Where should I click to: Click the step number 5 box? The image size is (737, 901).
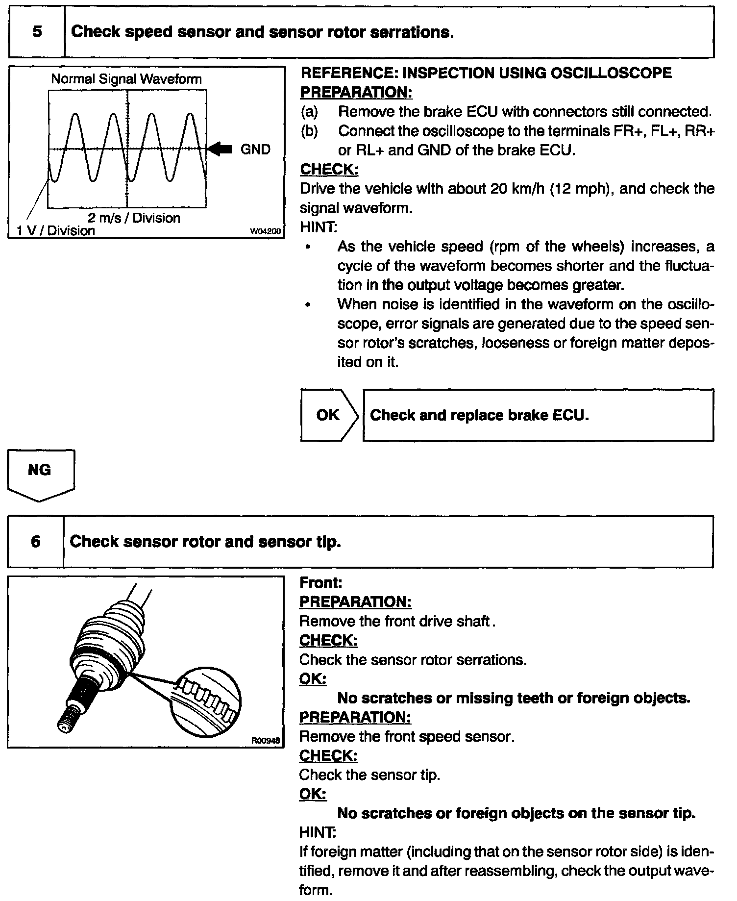[37, 32]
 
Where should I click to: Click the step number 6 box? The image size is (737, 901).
[35, 542]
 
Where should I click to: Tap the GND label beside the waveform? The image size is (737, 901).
[255, 150]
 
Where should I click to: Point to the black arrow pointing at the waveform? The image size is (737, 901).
[220, 149]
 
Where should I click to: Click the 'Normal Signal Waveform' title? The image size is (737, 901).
[126, 79]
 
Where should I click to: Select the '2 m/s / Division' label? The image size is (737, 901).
[134, 218]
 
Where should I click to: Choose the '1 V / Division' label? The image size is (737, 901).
[56, 231]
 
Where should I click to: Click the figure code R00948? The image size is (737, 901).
[266, 741]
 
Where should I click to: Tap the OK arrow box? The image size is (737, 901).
[328, 415]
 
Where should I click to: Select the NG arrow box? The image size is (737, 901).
[40, 473]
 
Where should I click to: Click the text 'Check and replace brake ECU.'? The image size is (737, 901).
[479, 415]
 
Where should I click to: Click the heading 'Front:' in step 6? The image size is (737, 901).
[320, 582]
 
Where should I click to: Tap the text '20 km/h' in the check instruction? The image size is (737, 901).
[518, 189]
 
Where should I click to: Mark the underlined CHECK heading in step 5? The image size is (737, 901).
[329, 170]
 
